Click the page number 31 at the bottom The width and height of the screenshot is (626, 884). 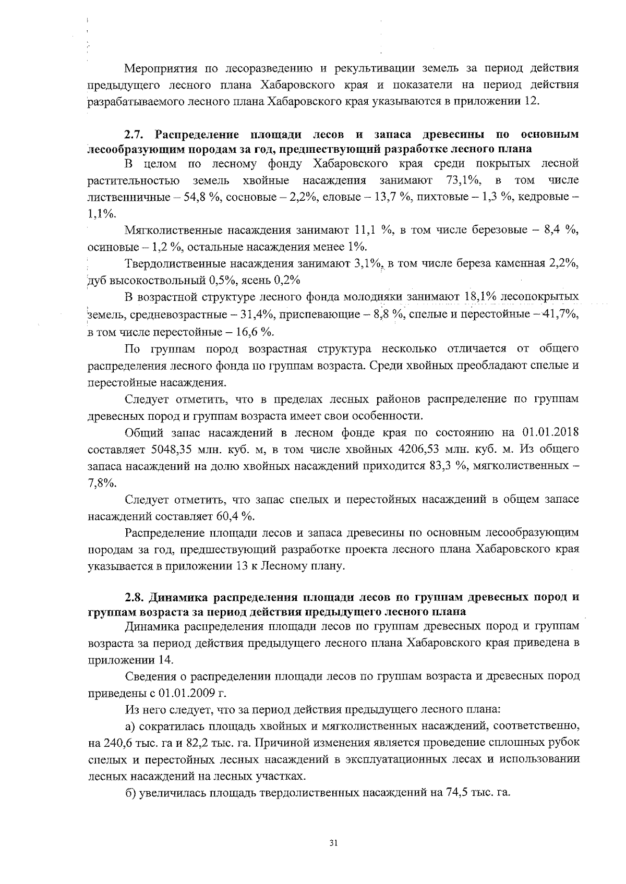pos(334,843)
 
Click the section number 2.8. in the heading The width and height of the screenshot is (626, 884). pos(136,597)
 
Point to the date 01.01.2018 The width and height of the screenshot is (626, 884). pos(550,433)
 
